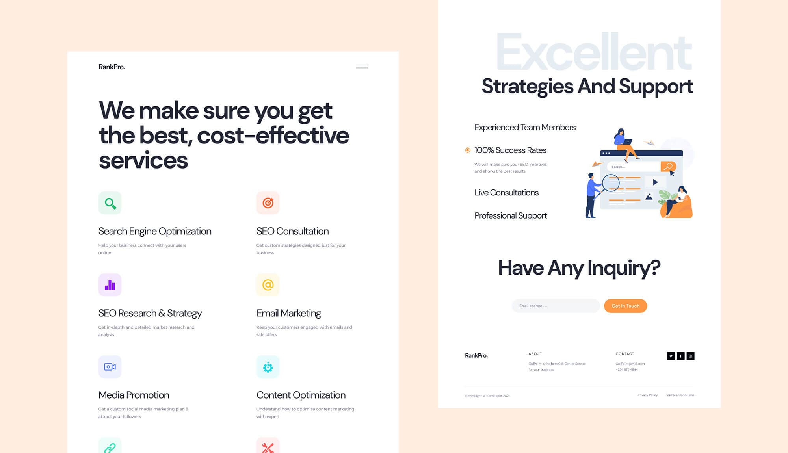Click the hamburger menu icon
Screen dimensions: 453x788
coord(362,67)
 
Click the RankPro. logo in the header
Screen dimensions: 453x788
coord(112,67)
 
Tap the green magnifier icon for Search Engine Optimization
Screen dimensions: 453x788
coord(110,203)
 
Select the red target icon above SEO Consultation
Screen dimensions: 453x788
coord(268,203)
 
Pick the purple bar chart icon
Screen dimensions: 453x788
coord(110,285)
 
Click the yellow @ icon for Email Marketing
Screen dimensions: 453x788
coord(268,285)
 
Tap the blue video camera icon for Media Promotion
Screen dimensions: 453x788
coord(110,367)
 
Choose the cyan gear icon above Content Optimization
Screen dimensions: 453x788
coord(268,367)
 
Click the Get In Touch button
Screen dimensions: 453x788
coord(625,306)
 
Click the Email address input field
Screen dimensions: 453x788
coord(556,306)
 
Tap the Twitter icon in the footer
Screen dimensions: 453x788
coord(671,356)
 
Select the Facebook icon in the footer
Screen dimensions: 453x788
coord(680,356)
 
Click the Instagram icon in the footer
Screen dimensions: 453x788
coord(690,356)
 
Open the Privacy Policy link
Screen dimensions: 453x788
coord(647,395)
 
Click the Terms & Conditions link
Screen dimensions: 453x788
coord(680,395)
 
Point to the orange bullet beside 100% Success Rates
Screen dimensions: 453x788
coord(468,150)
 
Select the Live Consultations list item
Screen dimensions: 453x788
coord(506,193)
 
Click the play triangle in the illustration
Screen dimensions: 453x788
coord(655,182)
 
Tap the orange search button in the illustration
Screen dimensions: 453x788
coord(668,167)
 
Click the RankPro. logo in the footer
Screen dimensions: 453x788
coord(476,355)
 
